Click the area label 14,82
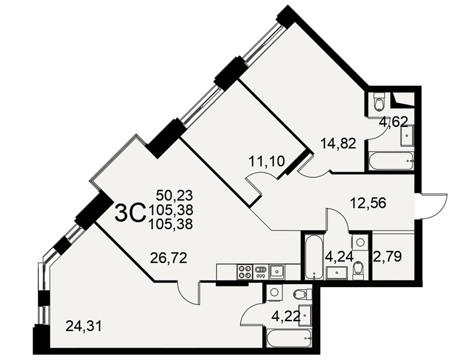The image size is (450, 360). click(338, 143)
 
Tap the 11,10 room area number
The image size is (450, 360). click(266, 162)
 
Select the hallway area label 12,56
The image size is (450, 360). click(368, 203)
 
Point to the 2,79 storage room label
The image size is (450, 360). click(387, 256)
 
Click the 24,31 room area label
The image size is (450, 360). click(84, 326)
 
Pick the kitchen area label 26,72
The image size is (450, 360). click(169, 258)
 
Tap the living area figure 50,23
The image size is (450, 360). click(175, 196)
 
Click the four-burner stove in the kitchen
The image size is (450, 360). click(244, 272)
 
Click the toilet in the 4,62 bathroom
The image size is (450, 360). click(380, 102)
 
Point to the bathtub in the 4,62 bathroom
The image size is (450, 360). click(391, 162)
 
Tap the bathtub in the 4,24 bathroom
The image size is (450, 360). click(315, 257)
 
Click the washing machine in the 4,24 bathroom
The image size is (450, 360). click(360, 242)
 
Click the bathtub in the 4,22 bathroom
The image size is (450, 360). click(289, 339)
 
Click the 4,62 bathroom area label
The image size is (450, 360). click(393, 122)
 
